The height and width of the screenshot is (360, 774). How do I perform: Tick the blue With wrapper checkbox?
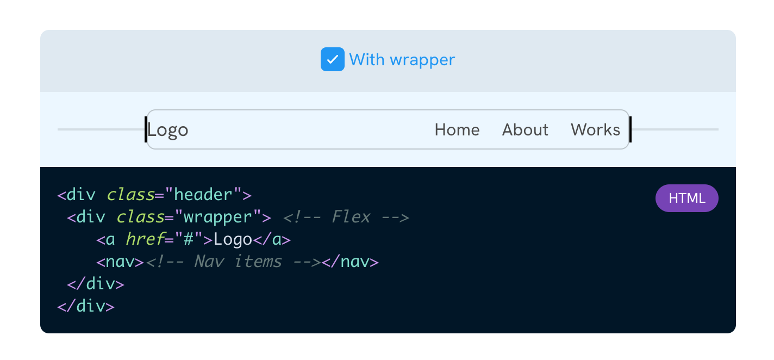[x=332, y=59]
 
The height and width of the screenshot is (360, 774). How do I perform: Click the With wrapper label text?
[x=402, y=59]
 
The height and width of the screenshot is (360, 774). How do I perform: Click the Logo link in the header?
[x=168, y=130]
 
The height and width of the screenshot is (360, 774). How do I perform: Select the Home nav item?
[x=457, y=130]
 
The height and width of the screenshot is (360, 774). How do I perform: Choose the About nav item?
[x=525, y=130]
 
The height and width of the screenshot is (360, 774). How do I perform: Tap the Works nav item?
[x=595, y=130]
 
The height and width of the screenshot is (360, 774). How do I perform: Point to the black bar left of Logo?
[x=146, y=129]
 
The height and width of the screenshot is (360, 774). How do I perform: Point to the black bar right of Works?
[x=630, y=129]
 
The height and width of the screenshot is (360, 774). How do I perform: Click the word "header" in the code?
[x=204, y=195]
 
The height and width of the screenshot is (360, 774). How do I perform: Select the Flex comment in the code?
[x=346, y=217]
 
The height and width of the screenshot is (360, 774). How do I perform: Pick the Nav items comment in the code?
[x=233, y=262]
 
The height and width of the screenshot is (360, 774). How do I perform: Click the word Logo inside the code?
[x=233, y=239]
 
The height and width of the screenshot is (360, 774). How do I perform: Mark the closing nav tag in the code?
[x=350, y=262]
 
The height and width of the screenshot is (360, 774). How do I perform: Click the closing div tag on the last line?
[x=86, y=306]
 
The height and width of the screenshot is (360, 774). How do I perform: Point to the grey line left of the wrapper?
[x=101, y=129]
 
